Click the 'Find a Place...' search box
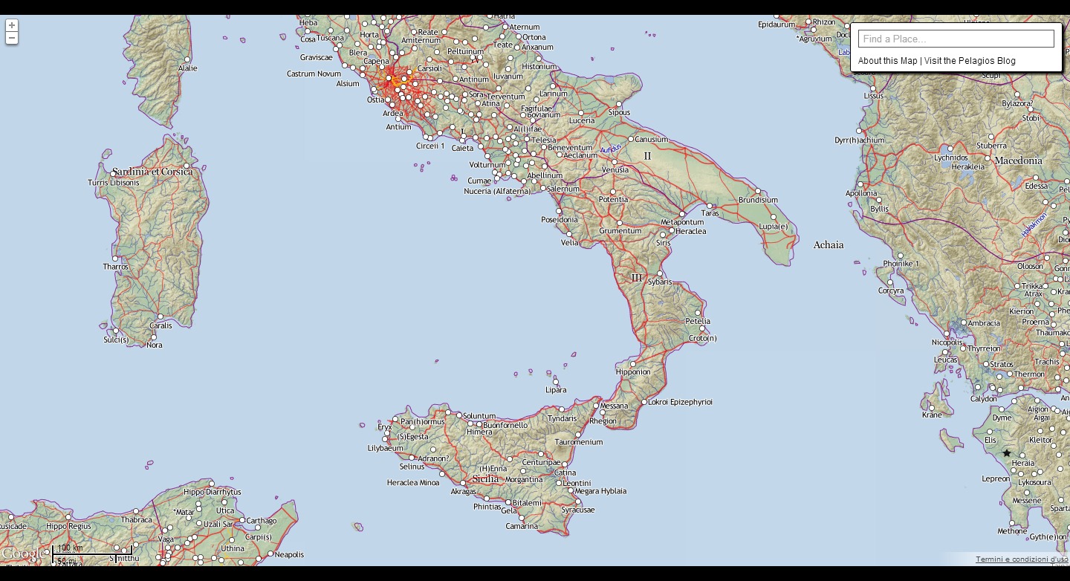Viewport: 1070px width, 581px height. click(x=956, y=39)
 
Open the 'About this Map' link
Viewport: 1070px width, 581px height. click(x=887, y=61)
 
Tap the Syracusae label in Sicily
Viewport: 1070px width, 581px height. click(x=577, y=510)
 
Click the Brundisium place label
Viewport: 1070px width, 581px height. click(x=758, y=200)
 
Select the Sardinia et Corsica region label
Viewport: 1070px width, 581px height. click(x=152, y=172)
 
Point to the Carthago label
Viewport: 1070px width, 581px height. click(x=261, y=521)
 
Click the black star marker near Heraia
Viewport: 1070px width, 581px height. click(x=1007, y=453)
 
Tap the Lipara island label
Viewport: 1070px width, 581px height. click(x=555, y=389)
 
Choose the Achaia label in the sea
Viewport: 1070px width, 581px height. click(x=828, y=244)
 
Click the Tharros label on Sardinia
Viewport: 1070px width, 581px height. click(x=116, y=267)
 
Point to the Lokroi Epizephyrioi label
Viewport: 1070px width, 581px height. click(x=680, y=402)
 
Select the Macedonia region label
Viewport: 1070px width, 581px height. click(x=1018, y=160)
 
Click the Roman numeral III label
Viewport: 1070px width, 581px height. click(x=636, y=278)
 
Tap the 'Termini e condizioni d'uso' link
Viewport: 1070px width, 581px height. click(x=1021, y=559)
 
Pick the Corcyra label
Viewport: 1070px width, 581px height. click(x=891, y=290)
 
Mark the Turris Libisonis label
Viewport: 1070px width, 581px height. click(x=113, y=183)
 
